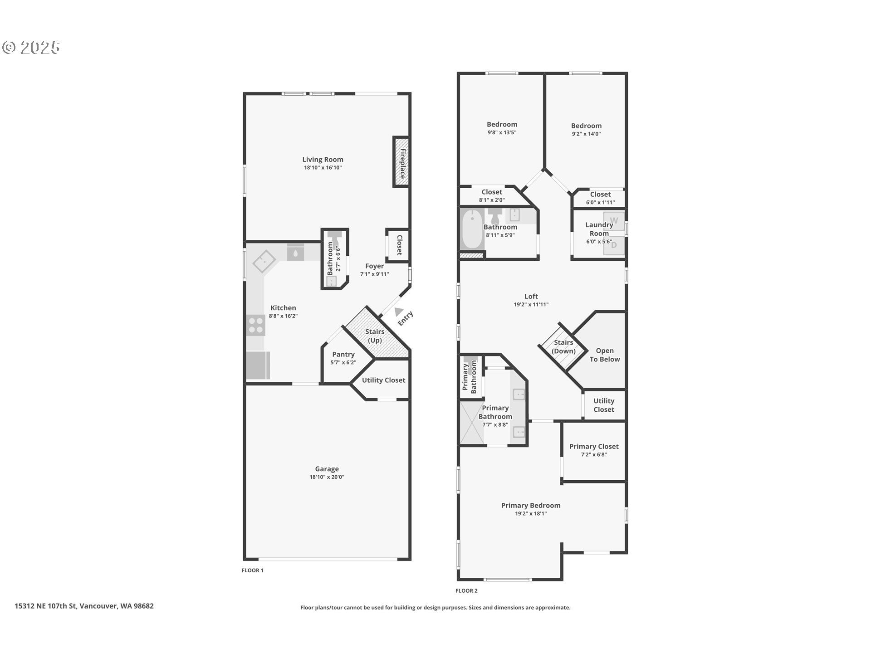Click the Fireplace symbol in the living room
coord(401,161)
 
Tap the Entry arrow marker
coord(399,312)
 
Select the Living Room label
coord(323,159)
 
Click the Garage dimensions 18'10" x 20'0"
coord(327,477)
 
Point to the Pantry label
coord(343,354)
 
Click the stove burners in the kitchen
coord(256,325)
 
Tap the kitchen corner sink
coord(264,262)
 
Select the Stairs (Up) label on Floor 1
coord(375,336)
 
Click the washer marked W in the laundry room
coord(614,221)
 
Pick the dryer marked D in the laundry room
coord(614,245)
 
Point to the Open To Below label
coord(605,355)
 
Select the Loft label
coord(531,296)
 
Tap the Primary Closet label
coord(594,446)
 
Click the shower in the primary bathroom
coord(472,423)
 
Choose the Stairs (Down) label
coord(563,346)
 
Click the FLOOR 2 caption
coord(466,590)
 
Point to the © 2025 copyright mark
coord(31,48)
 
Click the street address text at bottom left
coord(84,606)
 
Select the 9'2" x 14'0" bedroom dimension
coord(586,134)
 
